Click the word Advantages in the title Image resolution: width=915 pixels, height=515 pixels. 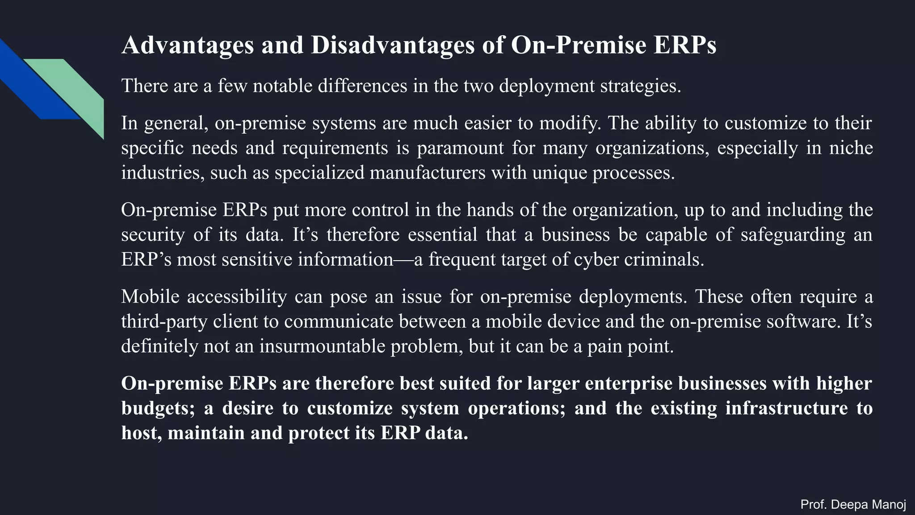[x=187, y=46]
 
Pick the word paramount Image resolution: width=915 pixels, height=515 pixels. [x=460, y=148]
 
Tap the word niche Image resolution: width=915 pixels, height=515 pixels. [x=851, y=148]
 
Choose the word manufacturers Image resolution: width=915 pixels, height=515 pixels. [x=427, y=173]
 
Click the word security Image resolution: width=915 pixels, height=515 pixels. [x=153, y=235]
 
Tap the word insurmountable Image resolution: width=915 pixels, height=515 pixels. [x=322, y=346]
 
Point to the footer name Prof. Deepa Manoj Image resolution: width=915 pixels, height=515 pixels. [x=853, y=505]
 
